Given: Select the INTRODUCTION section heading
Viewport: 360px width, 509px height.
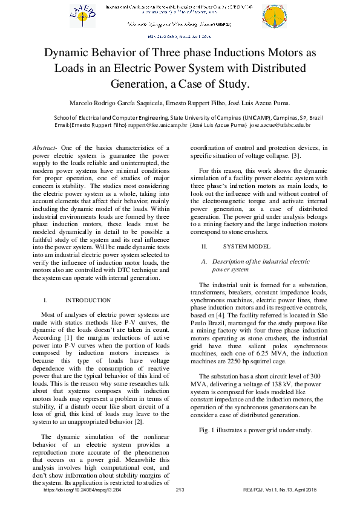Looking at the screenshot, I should pyautogui.click(x=88, y=300).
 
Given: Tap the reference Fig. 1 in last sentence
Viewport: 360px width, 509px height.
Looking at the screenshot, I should pyautogui.click(x=208, y=430).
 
